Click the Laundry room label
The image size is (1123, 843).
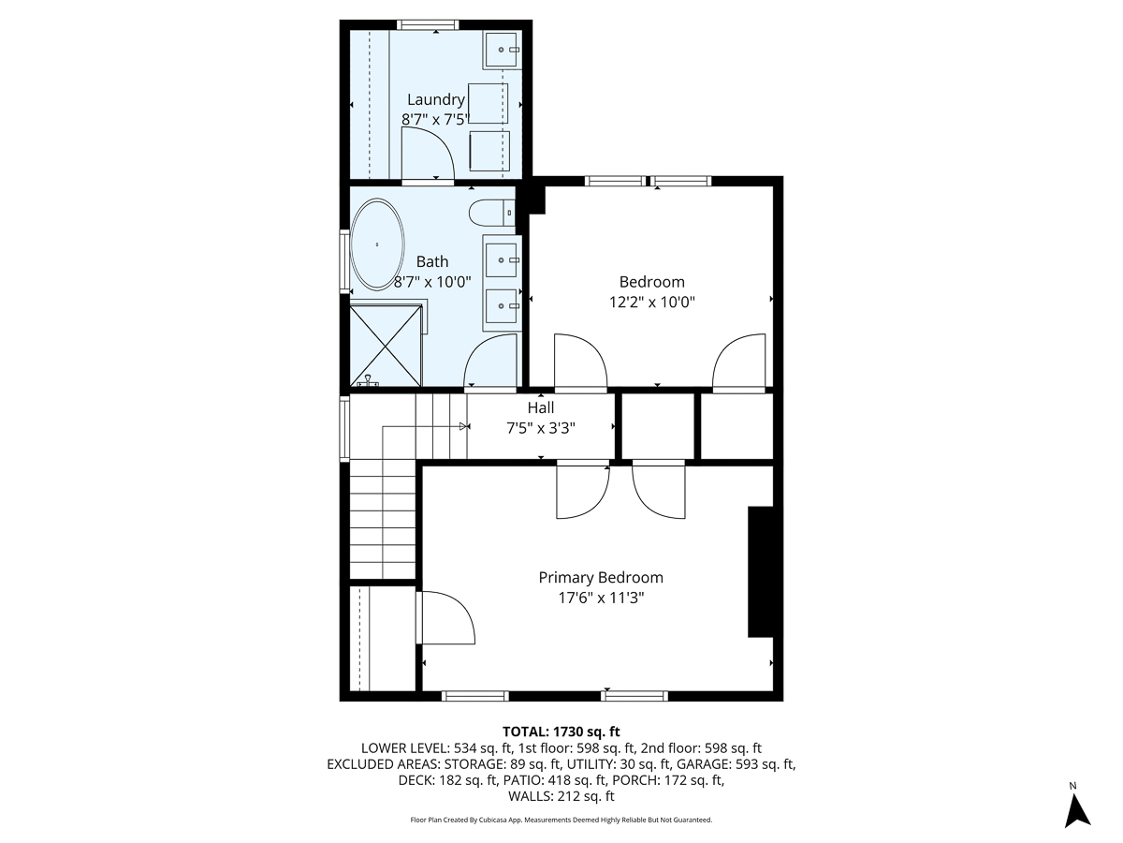coord(435,99)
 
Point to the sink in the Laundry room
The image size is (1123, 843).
coord(502,49)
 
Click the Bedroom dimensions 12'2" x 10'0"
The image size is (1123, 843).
coord(651,302)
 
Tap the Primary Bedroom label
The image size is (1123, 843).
coord(600,578)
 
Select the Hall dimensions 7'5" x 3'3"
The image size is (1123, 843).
coord(540,427)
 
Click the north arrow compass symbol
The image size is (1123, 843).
coord(1078,807)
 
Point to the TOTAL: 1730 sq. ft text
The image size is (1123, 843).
coord(561,732)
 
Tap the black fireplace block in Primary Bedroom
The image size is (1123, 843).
coord(760,572)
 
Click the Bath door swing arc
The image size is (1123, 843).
coord(489,362)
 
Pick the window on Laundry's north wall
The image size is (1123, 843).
coord(428,24)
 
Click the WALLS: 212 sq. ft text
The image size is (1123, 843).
coord(561,796)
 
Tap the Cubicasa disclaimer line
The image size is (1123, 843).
coord(561,820)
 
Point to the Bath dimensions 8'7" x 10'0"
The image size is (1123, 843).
coord(431,280)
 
